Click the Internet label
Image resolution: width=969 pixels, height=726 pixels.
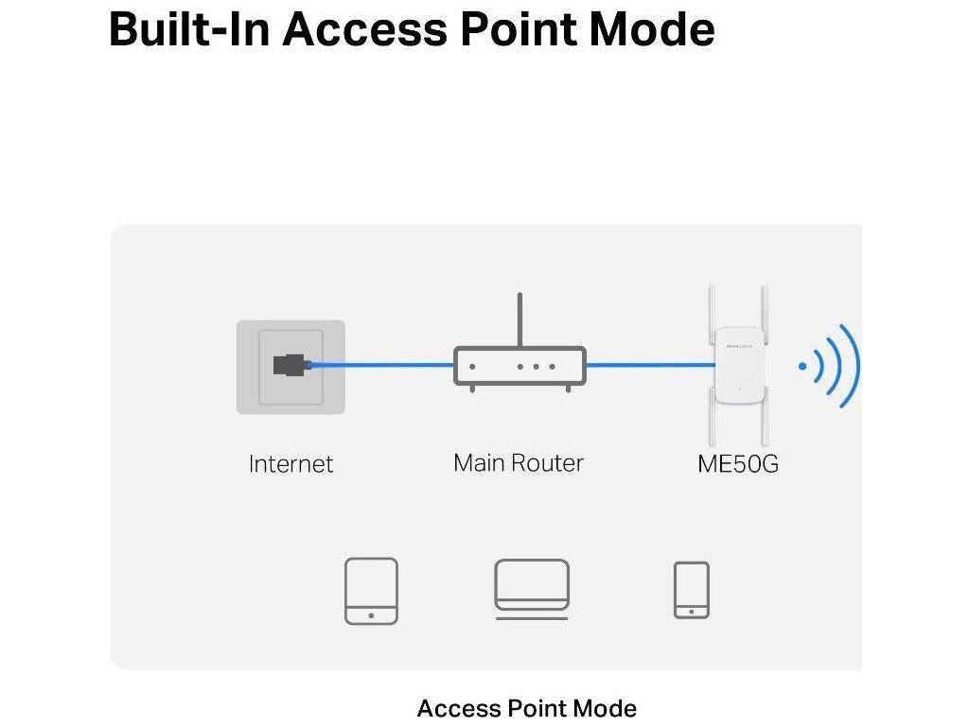pyautogui.click(x=291, y=464)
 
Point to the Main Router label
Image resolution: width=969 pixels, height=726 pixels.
pyautogui.click(x=519, y=463)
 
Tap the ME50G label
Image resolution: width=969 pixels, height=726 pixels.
pyautogui.click(x=738, y=464)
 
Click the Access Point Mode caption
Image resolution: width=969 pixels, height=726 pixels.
pyautogui.click(x=526, y=708)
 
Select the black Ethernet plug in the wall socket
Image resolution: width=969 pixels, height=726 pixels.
pyautogui.click(x=290, y=364)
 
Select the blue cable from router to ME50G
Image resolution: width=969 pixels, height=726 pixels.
pyautogui.click(x=648, y=365)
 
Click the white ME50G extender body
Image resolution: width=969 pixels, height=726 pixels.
pyautogui.click(x=739, y=365)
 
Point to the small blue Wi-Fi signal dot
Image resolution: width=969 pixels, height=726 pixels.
pyautogui.click(x=803, y=366)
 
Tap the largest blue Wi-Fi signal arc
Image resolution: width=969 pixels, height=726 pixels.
pyautogui.click(x=853, y=366)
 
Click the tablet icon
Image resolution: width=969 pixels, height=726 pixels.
pyautogui.click(x=371, y=590)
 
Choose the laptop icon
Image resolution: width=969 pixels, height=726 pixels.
pyautogui.click(x=532, y=589)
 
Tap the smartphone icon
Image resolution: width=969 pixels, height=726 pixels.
pyautogui.click(x=691, y=590)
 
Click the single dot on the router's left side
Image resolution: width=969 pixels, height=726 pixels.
pyautogui.click(x=472, y=366)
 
